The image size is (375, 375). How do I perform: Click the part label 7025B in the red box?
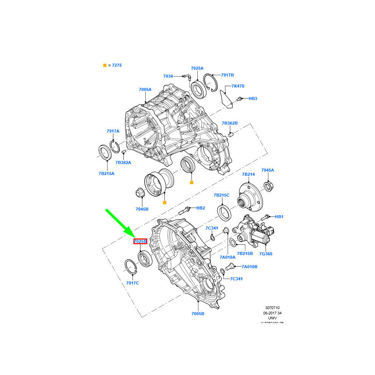pos(140,241)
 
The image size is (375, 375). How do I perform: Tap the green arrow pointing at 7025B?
pos(119,223)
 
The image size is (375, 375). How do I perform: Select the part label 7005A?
pos(145,89)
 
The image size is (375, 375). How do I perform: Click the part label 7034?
pos(168,76)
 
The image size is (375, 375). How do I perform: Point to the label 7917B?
pos(227,75)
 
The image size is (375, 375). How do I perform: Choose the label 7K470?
pos(238,86)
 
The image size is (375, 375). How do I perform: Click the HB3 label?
pos(253,98)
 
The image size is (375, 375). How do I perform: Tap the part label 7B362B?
pos(230,123)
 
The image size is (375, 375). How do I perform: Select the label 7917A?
pos(113,131)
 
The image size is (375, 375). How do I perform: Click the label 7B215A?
pos(106,173)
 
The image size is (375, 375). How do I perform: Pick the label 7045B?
pos(142,209)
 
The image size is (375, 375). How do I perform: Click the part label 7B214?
pos(248,174)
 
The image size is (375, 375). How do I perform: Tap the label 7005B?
pos(197,314)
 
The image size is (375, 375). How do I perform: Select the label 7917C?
pos(133,283)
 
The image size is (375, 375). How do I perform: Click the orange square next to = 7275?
pos(105,66)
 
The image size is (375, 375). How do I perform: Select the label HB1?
pos(279,217)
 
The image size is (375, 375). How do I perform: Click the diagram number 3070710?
pos(272,308)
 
